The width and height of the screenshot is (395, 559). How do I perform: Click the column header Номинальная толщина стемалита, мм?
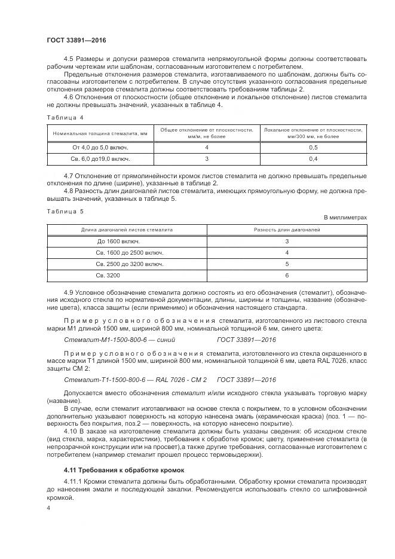coord(100,133)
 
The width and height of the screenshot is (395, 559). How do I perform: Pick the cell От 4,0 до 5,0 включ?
coord(101,147)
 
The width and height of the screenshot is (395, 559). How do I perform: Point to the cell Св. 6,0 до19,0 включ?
coord(101,159)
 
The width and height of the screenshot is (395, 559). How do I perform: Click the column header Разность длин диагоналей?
coord(287,229)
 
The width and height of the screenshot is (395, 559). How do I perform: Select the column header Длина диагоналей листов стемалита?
coord(127,229)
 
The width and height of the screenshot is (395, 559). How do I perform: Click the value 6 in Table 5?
coord(287,275)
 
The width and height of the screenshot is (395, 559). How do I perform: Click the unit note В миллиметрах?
coord(345,217)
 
